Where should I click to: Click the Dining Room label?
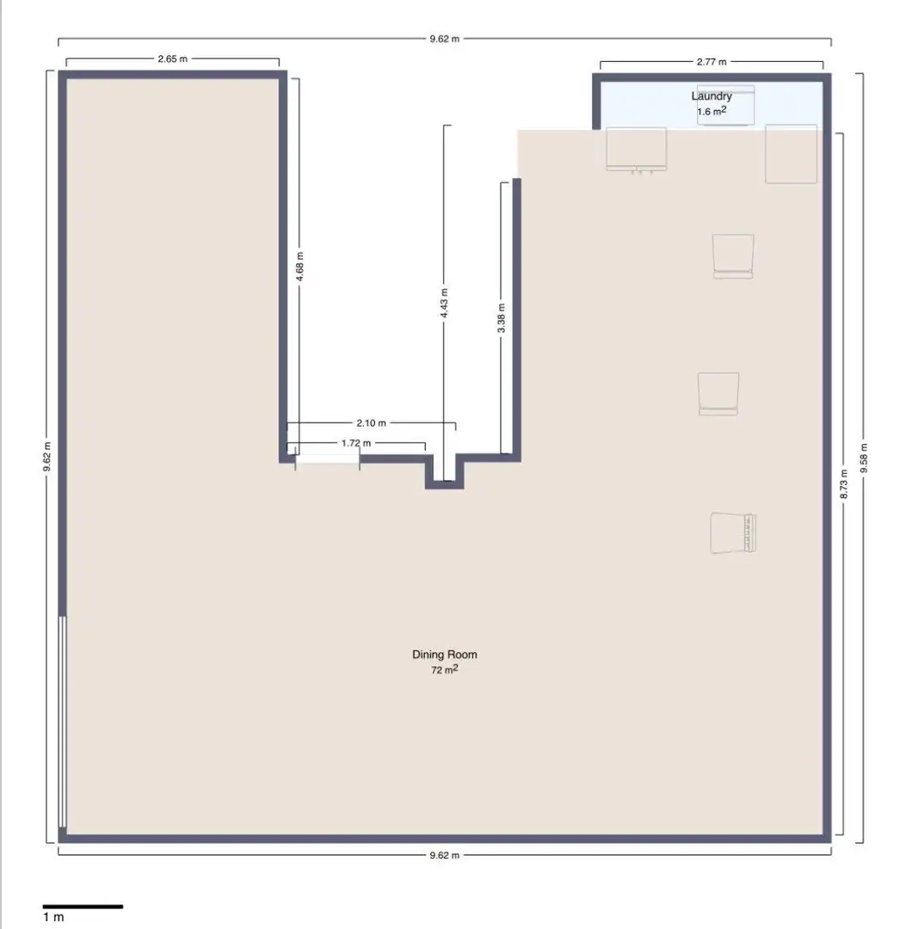coord(445,655)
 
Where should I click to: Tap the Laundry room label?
coord(712,96)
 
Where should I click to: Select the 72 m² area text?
coord(445,669)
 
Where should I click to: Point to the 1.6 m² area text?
coord(712,111)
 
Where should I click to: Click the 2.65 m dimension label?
coord(172,58)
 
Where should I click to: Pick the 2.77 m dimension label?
coord(711,62)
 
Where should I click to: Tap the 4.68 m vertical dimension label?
coord(299,266)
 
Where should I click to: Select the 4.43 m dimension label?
coord(444,303)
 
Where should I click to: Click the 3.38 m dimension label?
coord(502,317)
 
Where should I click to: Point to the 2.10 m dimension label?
coord(371,423)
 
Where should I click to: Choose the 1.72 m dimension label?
coord(356,443)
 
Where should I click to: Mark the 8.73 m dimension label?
coord(844,483)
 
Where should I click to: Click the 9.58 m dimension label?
coord(863,458)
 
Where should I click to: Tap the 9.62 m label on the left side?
coord(46,457)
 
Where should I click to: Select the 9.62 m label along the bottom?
coord(445,855)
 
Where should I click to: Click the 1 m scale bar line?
coord(83,907)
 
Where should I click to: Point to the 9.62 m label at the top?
coord(445,39)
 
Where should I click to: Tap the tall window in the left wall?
coord(62,722)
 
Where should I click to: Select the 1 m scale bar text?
coord(53,917)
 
